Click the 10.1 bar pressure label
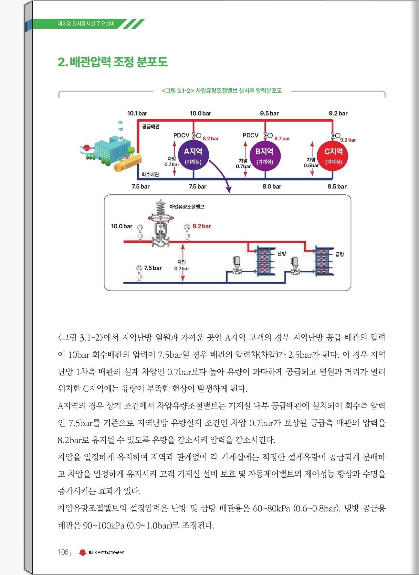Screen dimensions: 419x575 (137, 114)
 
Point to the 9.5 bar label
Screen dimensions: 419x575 (269, 114)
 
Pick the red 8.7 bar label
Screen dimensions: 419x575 (282, 139)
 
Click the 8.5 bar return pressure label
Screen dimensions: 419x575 (337, 187)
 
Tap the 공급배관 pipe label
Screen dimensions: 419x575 (151, 126)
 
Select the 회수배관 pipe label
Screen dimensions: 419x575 (150, 174)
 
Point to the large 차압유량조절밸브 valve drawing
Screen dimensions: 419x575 (160, 224)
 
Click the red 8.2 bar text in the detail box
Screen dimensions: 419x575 (202, 226)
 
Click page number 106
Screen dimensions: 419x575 (63, 552)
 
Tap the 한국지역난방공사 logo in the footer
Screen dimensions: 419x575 (101, 552)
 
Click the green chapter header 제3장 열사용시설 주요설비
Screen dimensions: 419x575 (86, 24)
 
